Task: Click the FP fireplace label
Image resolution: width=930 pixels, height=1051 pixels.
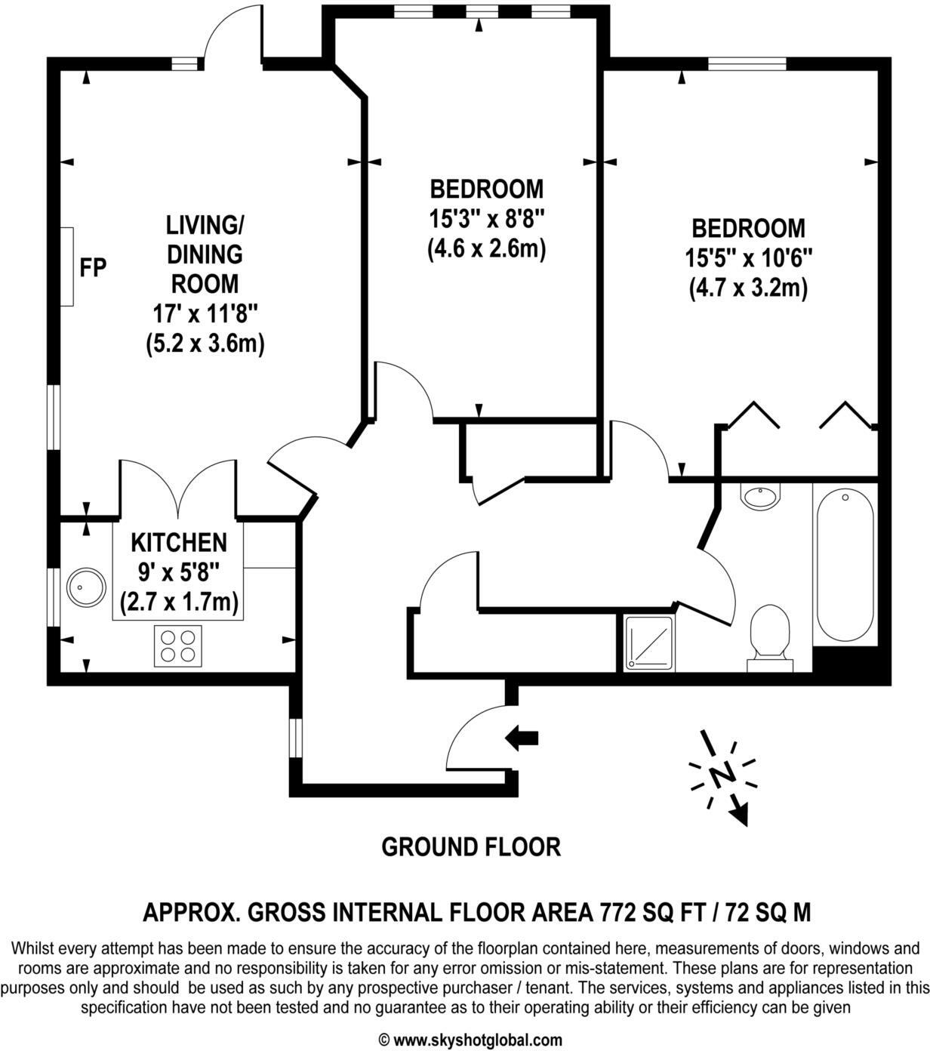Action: [94, 267]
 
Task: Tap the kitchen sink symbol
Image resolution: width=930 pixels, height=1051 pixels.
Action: [87, 587]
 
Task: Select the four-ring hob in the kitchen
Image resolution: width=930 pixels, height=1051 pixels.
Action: [178, 646]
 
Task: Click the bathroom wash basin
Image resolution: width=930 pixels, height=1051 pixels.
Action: [762, 496]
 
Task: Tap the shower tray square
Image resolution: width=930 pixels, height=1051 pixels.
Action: [648, 643]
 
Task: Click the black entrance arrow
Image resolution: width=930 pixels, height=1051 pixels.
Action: [522, 737]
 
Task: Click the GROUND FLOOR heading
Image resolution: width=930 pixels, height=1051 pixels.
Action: [471, 847]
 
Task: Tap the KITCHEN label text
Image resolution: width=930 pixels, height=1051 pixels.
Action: [178, 542]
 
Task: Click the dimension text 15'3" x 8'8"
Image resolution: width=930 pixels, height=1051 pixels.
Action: [487, 219]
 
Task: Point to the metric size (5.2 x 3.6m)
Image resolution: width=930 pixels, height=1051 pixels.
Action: [205, 344]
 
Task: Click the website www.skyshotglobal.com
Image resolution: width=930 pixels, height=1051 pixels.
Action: [477, 1040]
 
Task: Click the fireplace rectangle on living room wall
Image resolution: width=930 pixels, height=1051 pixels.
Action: [67, 267]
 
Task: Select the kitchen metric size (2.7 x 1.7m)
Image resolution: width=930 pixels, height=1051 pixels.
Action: [179, 603]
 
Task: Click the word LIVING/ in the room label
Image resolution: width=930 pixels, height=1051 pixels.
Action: [205, 225]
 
